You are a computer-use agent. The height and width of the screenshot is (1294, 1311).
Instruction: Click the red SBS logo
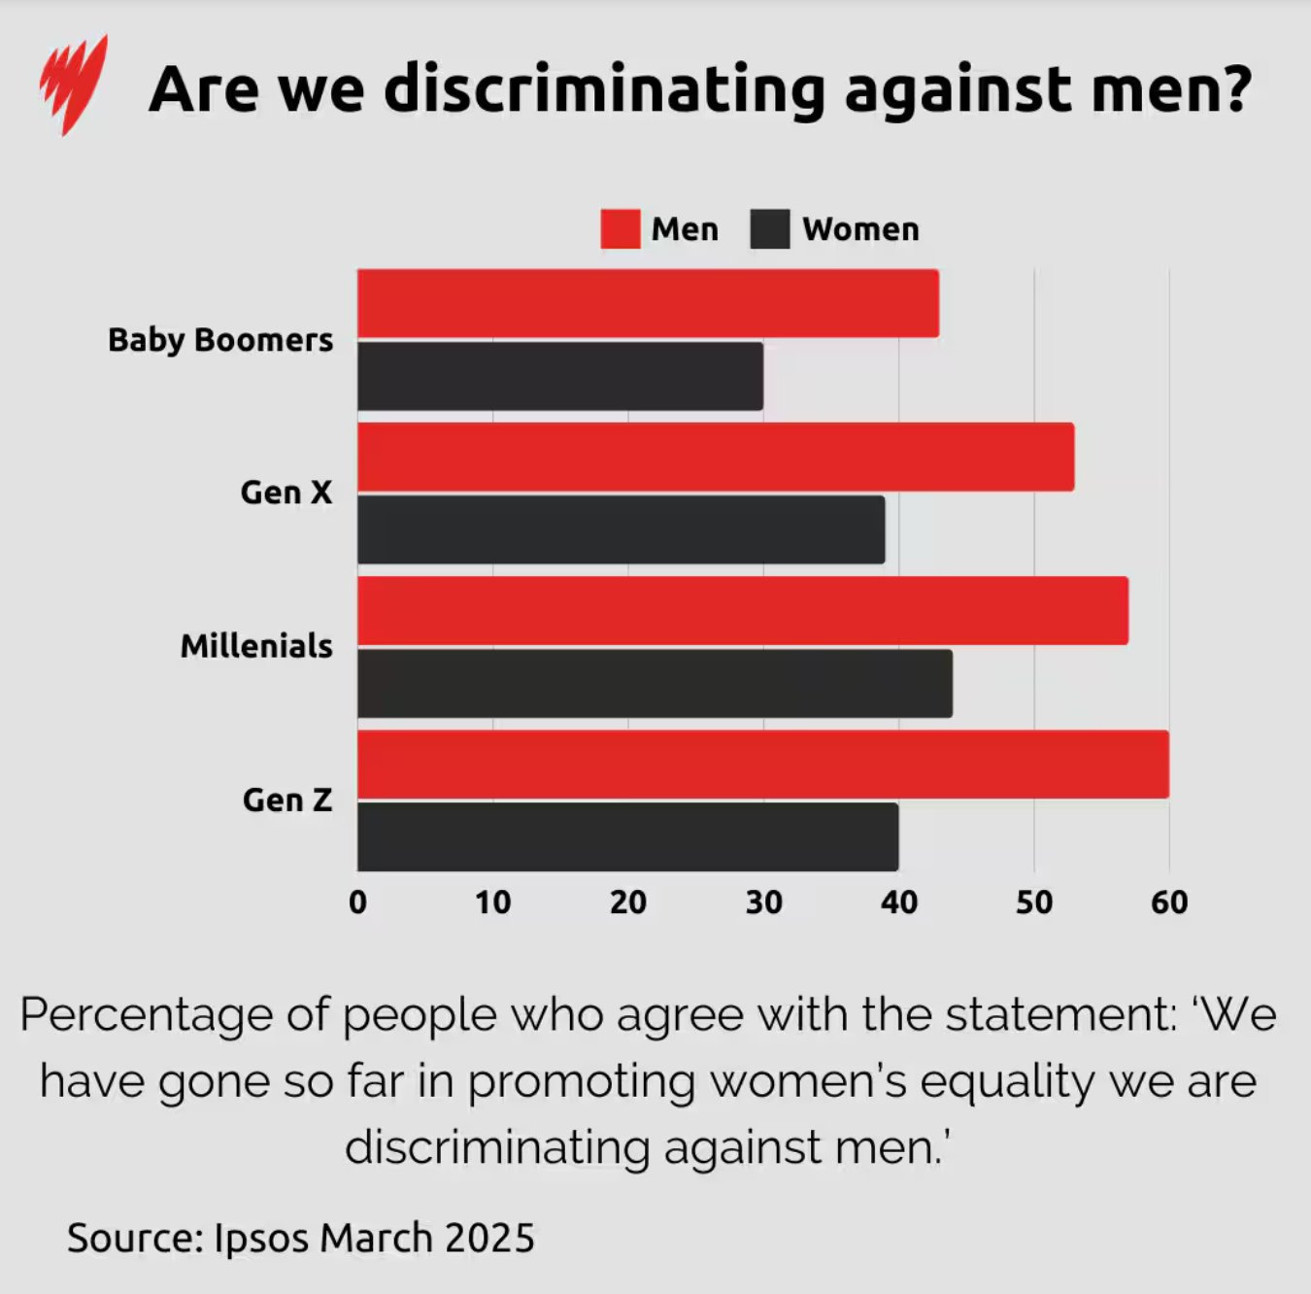pos(74,85)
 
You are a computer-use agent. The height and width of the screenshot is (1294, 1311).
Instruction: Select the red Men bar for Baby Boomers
pos(648,303)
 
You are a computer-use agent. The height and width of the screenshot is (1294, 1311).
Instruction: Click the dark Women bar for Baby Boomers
pos(560,376)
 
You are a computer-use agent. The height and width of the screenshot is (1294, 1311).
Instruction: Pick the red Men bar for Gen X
pos(716,457)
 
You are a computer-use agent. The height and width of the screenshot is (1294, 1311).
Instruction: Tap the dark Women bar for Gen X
pos(622,529)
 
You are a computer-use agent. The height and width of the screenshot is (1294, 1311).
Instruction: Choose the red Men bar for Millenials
pos(743,610)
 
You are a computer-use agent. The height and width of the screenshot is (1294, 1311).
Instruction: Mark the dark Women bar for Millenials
pos(655,684)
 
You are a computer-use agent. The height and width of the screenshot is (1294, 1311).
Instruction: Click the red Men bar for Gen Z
pos(763,765)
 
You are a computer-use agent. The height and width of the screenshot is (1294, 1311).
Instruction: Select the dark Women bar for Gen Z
pos(627,836)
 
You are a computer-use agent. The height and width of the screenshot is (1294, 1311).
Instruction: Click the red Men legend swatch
pos(620,229)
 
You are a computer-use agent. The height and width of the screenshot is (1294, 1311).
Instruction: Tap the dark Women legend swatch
pos(769,229)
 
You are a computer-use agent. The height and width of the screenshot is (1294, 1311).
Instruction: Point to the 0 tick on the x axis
pos(357,902)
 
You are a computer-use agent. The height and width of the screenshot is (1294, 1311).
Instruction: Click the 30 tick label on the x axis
pos(763,902)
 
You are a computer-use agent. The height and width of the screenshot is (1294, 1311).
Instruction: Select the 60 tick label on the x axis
pos(1169,902)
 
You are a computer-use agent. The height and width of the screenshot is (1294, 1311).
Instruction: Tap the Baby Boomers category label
pos(220,340)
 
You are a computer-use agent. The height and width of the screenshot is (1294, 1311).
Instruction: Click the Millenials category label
pos(256,646)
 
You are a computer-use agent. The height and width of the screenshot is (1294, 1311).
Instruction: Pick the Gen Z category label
pos(287,800)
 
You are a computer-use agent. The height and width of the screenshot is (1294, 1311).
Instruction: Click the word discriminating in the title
pos(604,89)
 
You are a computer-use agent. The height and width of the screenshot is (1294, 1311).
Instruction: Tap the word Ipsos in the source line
pos(261,1238)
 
